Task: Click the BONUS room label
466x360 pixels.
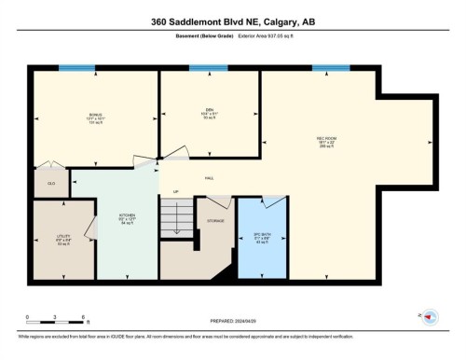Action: click(x=95, y=114)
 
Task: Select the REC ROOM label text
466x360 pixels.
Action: click(x=326, y=139)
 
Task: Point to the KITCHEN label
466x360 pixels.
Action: click(x=127, y=215)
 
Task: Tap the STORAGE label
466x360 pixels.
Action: click(x=215, y=221)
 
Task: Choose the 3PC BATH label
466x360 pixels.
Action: click(x=262, y=234)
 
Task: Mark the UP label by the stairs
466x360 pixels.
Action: click(x=175, y=193)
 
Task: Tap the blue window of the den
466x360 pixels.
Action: click(x=208, y=68)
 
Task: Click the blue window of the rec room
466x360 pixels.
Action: click(x=331, y=68)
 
